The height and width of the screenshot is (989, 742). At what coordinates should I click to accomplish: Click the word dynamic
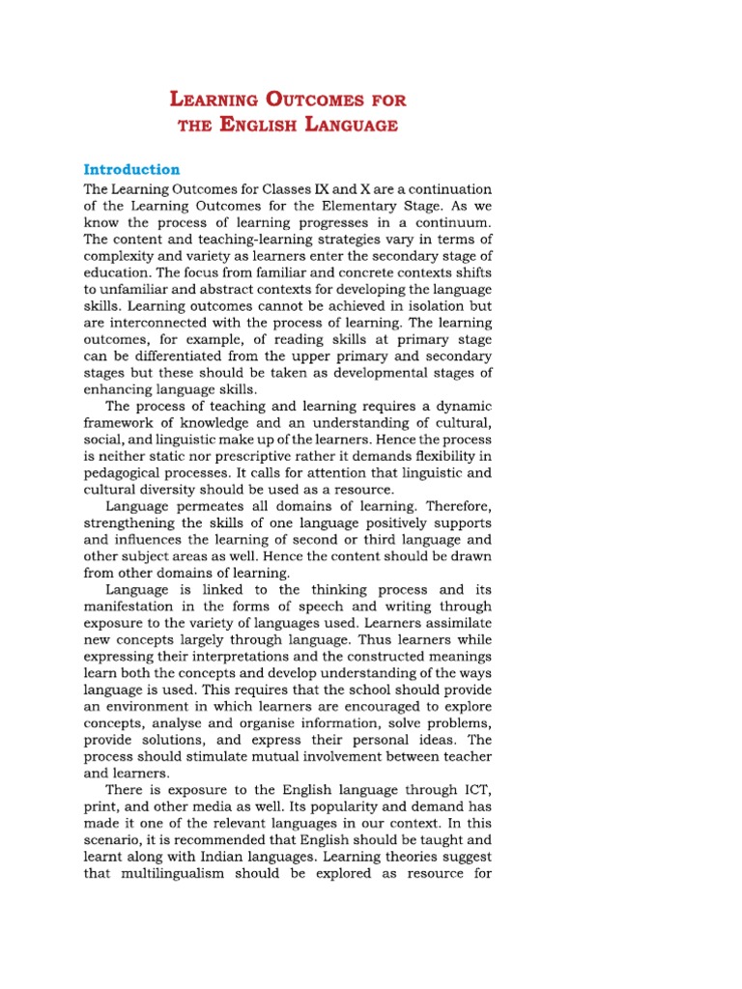click(x=462, y=406)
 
